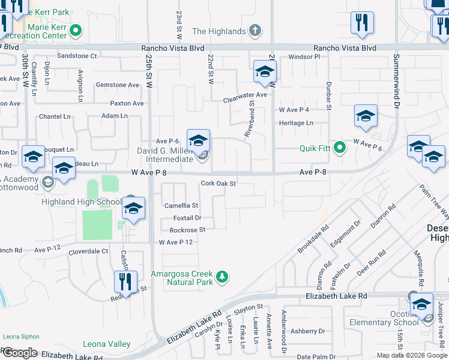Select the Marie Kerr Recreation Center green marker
[76, 29]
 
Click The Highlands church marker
[255, 31]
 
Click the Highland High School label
[81, 202]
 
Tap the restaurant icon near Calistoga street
[125, 281]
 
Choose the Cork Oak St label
[218, 184]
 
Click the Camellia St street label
[181, 206]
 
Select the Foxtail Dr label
[187, 218]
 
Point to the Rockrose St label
[187, 230]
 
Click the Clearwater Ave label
[245, 95]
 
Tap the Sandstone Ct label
[77, 56]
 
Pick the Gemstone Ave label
[117, 85]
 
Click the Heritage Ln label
[296, 123]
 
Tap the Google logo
[20, 353]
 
